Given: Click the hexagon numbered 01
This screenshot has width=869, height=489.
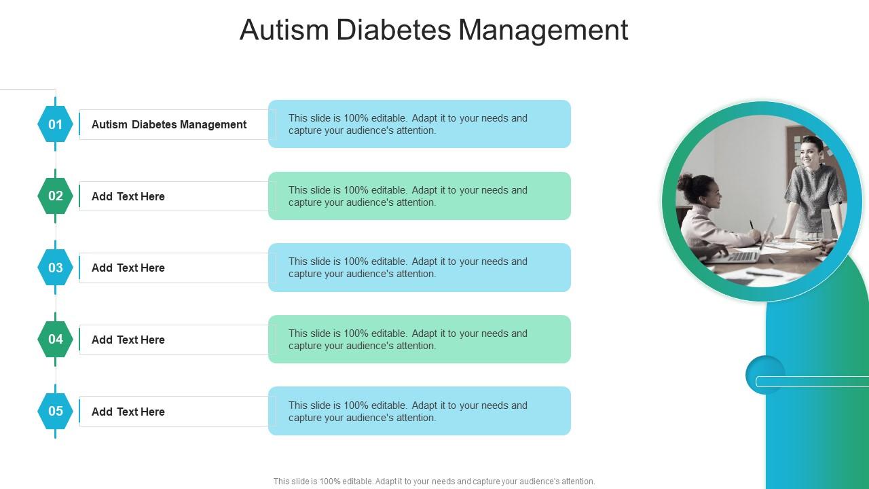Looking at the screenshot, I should pos(55,124).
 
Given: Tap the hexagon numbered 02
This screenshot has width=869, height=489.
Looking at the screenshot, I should pos(55,196).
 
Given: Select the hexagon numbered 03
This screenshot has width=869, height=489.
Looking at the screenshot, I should pos(55,268).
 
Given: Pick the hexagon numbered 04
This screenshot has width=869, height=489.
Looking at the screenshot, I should pos(55,340).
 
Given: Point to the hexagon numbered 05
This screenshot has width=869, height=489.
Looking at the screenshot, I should pos(55,411).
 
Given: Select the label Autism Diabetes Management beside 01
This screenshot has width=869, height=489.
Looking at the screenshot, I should pos(169,124).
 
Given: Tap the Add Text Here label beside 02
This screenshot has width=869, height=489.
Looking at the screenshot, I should pos(128,196).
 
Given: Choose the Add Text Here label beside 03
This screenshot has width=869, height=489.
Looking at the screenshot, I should pos(128,268).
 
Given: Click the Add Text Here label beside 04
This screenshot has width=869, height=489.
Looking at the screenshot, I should pos(128,340).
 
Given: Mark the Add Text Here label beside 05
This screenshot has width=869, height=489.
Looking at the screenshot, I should pos(128,412).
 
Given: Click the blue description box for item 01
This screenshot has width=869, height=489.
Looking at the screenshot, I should pos(420,124).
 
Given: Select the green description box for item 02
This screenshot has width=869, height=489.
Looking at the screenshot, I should pos(420,196).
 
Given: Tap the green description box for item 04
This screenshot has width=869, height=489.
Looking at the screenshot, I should pos(420,340).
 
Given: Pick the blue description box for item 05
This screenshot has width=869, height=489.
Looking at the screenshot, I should pos(420,411).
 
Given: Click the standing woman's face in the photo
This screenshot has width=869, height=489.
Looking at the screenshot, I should pos(810,151).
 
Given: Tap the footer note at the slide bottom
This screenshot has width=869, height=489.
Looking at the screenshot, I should pos(434,482).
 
